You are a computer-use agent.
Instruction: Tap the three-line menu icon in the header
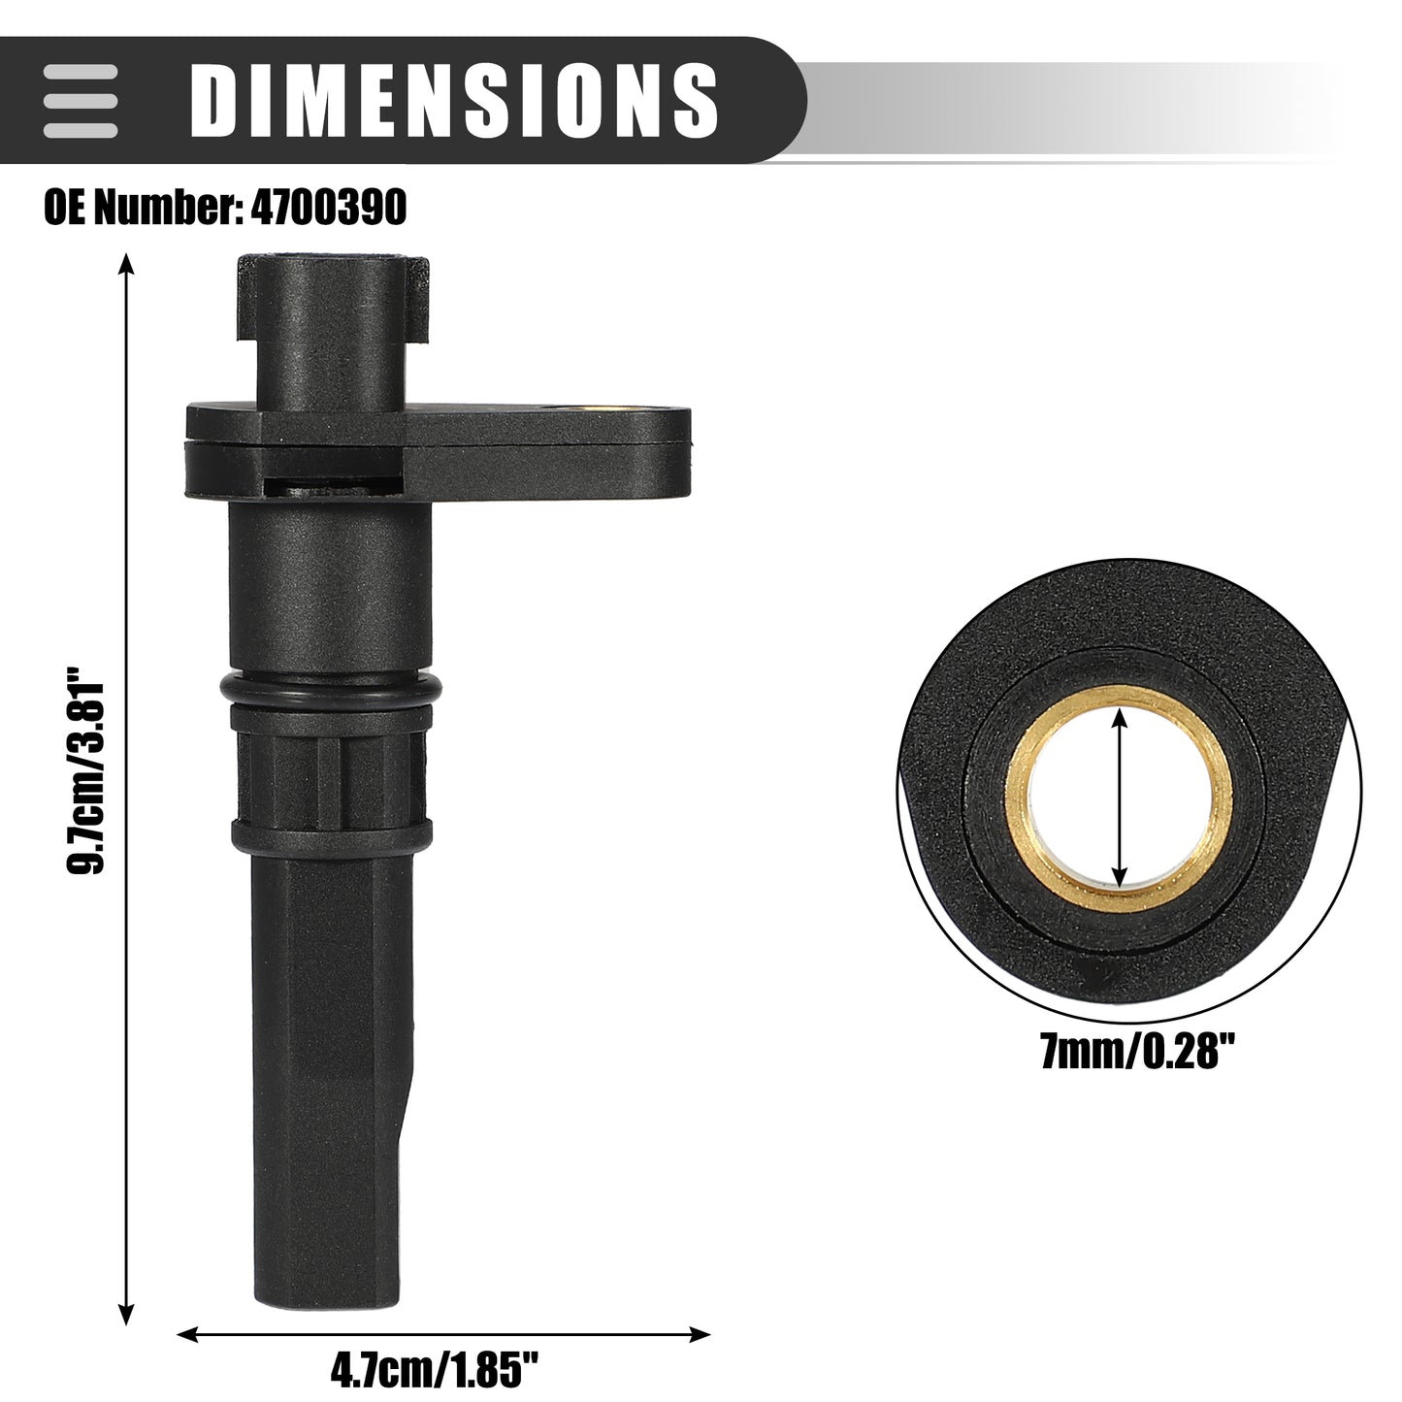[x=80, y=101]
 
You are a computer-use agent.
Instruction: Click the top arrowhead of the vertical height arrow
[x=127, y=266]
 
